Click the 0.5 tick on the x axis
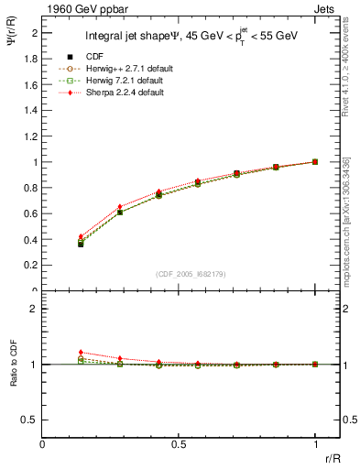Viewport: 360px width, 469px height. pos(180,443)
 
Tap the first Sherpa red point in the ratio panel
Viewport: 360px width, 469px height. pos(81,352)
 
